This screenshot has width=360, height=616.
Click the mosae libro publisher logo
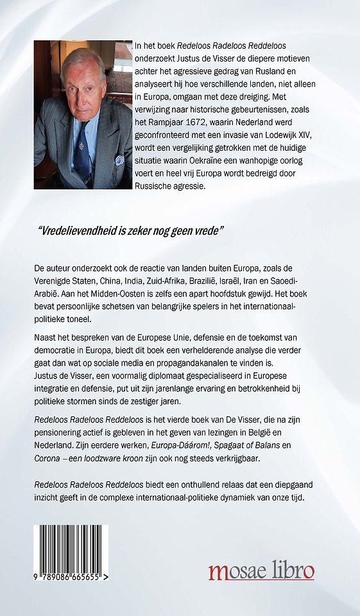coord(261,570)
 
